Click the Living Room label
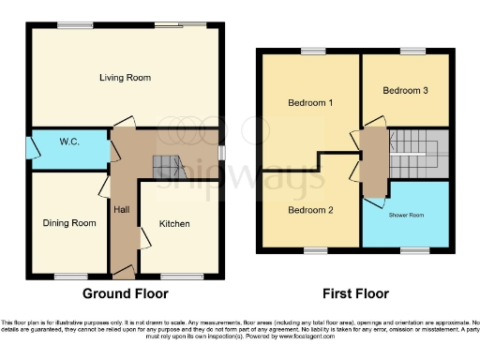(x=125, y=78)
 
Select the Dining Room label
(x=69, y=223)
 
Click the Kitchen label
(x=174, y=224)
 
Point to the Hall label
(x=122, y=209)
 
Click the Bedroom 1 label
(x=310, y=102)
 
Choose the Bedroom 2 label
(x=310, y=210)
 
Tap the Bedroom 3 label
(x=406, y=91)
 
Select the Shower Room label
(x=407, y=215)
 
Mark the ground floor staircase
(x=165, y=168)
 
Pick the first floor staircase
(x=412, y=145)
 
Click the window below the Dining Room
(x=67, y=276)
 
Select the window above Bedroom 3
(x=410, y=52)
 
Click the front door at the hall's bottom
(x=123, y=274)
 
